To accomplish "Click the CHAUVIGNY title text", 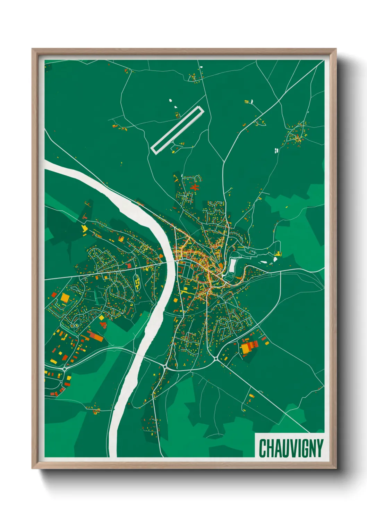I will click(291, 448).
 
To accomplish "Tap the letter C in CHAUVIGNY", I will click(263, 448).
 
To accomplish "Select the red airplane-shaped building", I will click(195, 188).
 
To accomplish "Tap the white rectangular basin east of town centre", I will click(232, 265).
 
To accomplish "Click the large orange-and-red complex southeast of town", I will click(248, 347).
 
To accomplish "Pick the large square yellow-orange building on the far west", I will click(65, 298).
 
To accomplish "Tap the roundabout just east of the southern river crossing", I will click(164, 366).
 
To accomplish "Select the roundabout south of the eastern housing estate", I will click(216, 358).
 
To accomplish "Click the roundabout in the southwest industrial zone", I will click(65, 369).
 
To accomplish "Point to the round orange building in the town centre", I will click(221, 266).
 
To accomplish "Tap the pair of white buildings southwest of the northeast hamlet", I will click(276, 150).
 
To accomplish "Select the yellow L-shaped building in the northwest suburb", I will click(84, 228).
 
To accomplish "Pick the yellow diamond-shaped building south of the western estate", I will click(101, 318).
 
